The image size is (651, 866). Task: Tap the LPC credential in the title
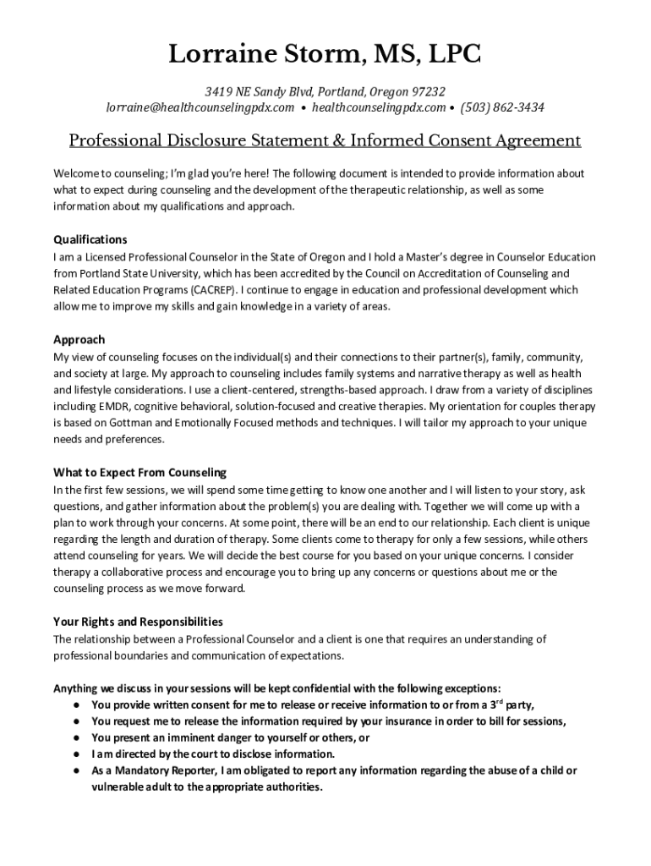click(452, 56)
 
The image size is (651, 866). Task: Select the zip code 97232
click(429, 91)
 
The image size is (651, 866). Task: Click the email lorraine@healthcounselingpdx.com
click(200, 107)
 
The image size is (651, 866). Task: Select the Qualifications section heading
click(90, 239)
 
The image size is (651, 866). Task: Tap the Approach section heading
click(79, 339)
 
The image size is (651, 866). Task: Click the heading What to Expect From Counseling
click(139, 473)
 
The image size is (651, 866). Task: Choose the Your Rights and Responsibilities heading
click(138, 622)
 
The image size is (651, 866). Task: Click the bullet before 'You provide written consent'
click(76, 704)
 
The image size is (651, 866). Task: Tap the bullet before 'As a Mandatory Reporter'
click(76, 770)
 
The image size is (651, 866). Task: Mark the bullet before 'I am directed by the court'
click(76, 754)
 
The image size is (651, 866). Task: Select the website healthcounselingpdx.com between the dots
click(379, 107)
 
